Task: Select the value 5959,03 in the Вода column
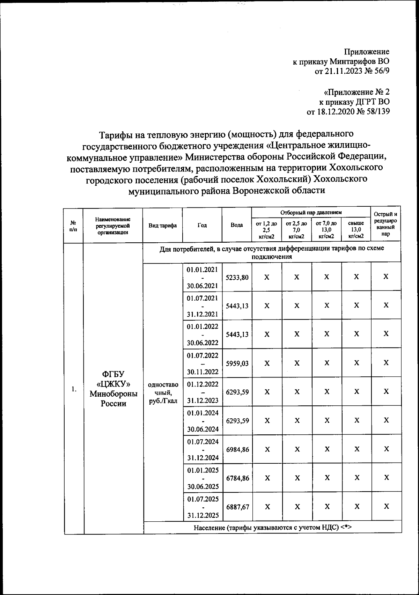click(x=237, y=363)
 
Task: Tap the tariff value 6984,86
click(x=237, y=450)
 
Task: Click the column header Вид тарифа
click(x=162, y=226)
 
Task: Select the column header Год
click(x=202, y=226)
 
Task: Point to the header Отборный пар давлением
click(x=311, y=212)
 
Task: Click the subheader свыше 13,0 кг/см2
click(x=356, y=229)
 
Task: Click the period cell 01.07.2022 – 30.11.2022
click(x=203, y=363)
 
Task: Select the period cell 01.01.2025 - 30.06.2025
click(x=203, y=478)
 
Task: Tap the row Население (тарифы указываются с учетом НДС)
click(x=272, y=528)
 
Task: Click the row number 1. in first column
click(x=74, y=389)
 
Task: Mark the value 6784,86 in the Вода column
click(x=237, y=478)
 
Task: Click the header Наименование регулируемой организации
click(x=113, y=226)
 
